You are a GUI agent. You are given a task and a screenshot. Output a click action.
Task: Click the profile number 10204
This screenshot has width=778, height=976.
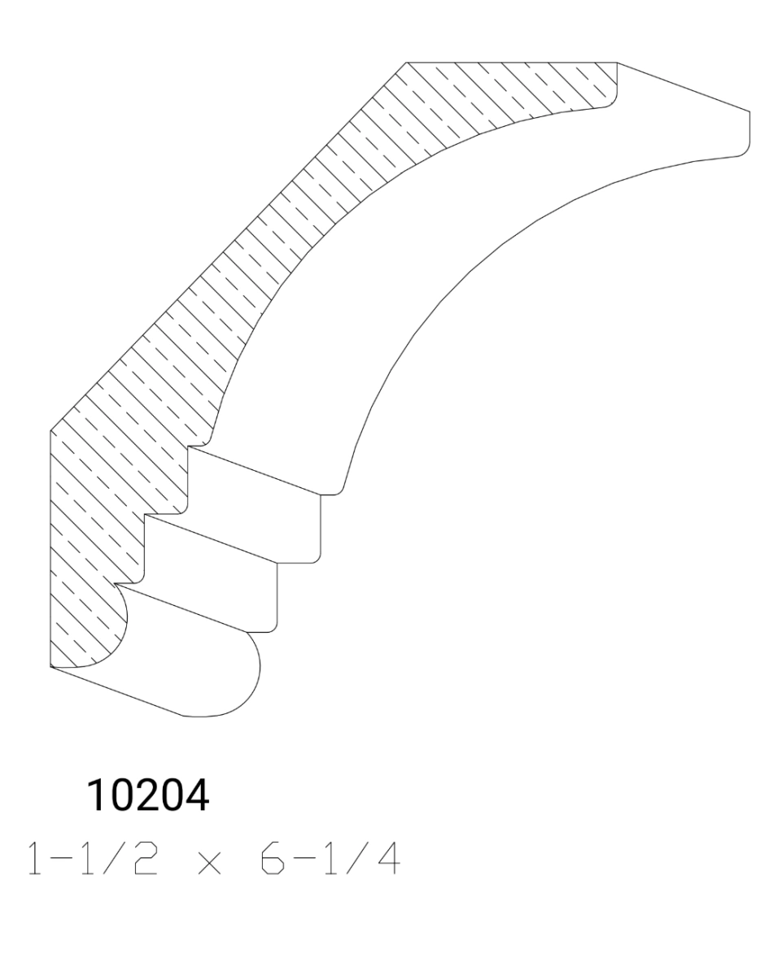click(x=148, y=796)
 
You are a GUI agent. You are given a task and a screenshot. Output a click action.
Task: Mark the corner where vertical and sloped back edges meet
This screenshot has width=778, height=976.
click(x=50, y=429)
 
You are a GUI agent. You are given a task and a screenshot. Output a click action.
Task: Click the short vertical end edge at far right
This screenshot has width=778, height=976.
click(x=749, y=130)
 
